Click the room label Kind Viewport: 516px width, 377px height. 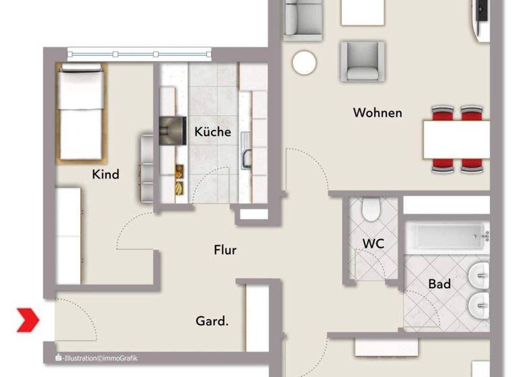[x=105, y=174]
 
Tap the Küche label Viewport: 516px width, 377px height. [x=212, y=131]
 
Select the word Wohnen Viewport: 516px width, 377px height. [x=378, y=112]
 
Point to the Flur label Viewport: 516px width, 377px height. [x=225, y=250]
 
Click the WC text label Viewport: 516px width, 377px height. [x=373, y=244]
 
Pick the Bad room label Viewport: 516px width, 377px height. [x=439, y=284]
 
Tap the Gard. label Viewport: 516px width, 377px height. [x=212, y=321]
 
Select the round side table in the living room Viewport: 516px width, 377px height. [x=304, y=63]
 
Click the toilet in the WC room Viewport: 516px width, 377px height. [x=370, y=210]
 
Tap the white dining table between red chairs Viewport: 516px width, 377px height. [x=456, y=138]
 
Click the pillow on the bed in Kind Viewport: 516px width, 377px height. [x=81, y=85]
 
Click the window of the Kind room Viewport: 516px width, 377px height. [x=139, y=53]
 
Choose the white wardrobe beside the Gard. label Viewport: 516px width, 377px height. [x=257, y=316]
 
